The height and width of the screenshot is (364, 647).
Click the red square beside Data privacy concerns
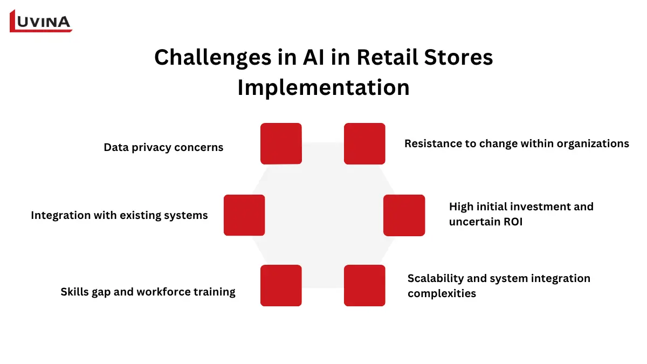point(281,143)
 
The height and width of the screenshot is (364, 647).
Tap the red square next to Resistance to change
point(364,143)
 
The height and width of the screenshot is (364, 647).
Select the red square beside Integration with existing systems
point(244,215)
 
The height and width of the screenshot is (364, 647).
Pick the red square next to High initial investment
point(404,215)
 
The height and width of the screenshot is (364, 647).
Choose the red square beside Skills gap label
point(281,285)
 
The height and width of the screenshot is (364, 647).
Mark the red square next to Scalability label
point(364,285)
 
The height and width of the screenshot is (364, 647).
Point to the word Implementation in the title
point(323,87)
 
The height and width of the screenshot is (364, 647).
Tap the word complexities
point(442,293)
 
